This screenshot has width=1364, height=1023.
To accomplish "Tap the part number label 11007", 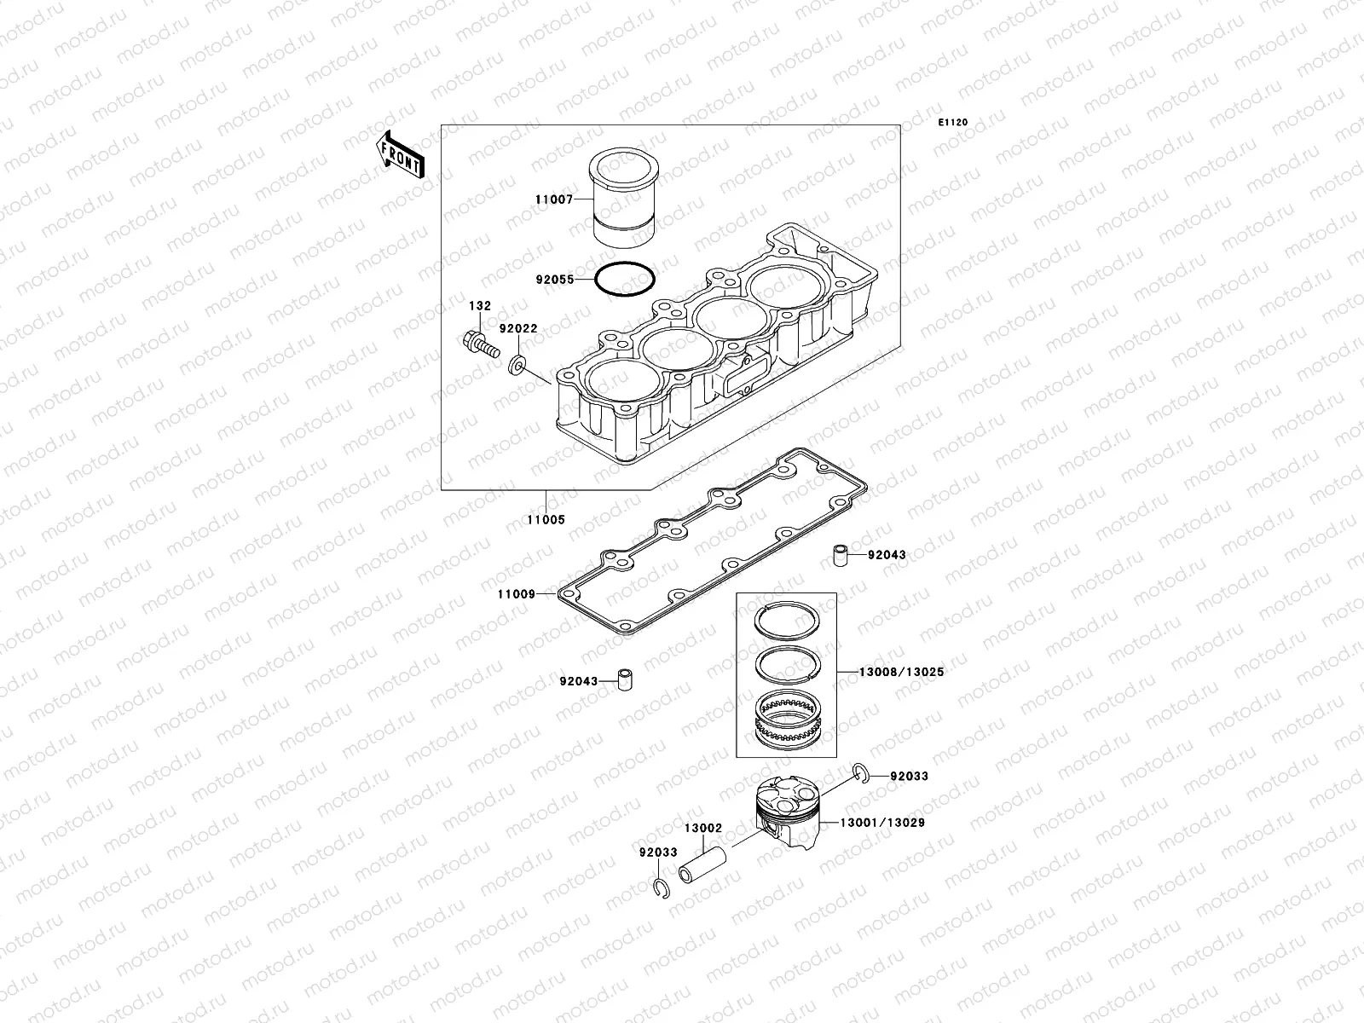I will coord(552,199).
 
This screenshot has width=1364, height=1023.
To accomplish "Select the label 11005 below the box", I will coord(546,519).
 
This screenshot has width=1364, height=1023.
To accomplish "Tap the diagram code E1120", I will coord(953,123).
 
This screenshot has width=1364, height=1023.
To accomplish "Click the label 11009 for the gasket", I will coord(517,593).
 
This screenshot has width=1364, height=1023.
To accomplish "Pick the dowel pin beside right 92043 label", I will coord(841,556).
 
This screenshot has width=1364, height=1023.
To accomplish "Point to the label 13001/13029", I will coord(882,823).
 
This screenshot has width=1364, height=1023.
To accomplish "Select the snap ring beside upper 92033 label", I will coord(861,774).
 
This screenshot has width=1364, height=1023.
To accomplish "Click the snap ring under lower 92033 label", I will coord(661,890).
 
